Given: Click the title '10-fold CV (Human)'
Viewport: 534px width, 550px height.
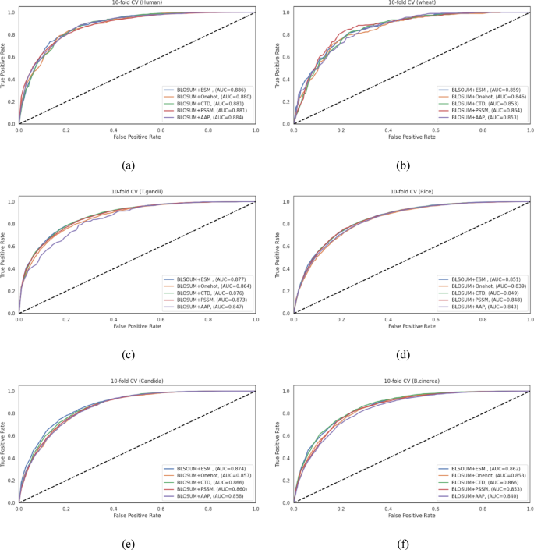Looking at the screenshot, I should [x=137, y=3].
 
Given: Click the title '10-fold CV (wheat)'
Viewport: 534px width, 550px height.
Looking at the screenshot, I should [x=412, y=3].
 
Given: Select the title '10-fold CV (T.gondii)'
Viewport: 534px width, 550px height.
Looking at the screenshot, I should [x=137, y=193].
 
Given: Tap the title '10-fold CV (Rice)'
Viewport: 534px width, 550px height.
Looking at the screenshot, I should [x=412, y=193].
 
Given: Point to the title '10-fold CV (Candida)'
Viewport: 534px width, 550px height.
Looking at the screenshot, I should [x=137, y=382].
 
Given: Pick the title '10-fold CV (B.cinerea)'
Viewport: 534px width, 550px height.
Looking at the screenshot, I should [x=412, y=382].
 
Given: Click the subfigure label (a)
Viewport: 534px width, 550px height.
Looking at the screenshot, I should [x=126, y=165].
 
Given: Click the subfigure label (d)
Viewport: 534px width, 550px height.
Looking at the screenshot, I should [x=401, y=355].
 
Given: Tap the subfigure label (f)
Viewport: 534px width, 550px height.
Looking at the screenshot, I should [x=401, y=543].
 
